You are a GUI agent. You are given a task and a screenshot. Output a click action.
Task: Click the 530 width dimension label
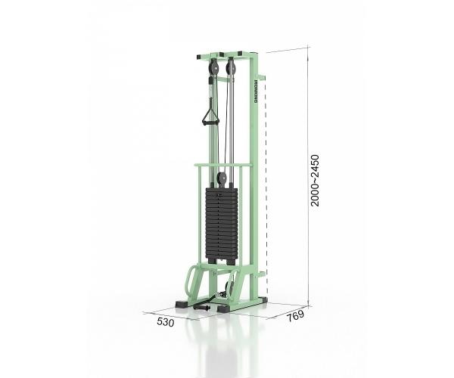[166, 322]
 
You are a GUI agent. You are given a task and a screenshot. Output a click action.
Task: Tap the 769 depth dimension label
[296, 316]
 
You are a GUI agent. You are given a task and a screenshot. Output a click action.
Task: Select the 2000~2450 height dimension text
[315, 181]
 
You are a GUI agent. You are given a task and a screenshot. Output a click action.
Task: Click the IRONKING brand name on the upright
[256, 91]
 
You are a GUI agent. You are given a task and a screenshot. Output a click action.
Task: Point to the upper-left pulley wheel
[213, 68]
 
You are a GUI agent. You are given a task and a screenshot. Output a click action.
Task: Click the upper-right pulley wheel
[232, 67]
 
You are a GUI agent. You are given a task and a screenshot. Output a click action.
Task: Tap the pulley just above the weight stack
[222, 179]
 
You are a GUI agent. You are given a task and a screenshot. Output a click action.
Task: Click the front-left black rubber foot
[182, 304]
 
